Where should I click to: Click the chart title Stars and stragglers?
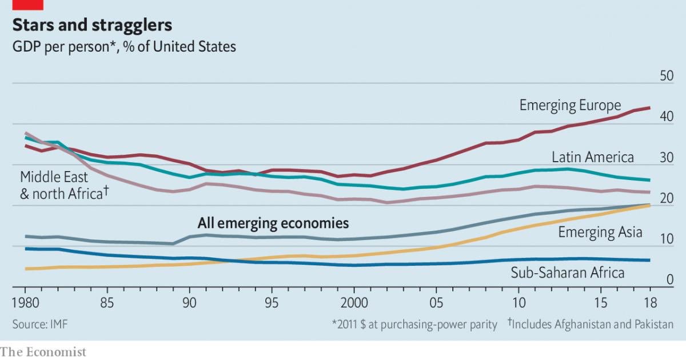92,26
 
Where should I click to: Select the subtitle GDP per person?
123,46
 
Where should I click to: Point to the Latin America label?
593,157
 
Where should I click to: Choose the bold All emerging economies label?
273,222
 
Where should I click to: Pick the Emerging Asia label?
600,232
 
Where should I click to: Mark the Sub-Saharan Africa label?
567,273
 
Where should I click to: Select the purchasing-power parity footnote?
414,325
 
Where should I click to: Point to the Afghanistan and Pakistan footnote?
590,325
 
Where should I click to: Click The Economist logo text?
43,351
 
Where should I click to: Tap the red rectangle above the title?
27,5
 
